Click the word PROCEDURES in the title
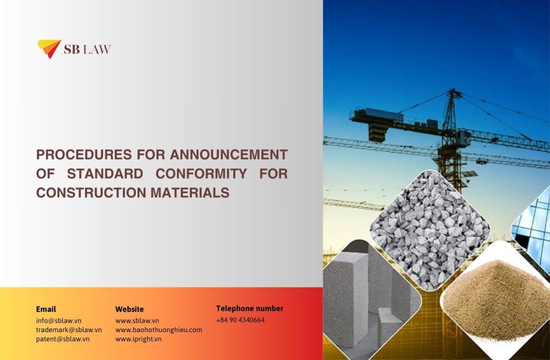[x=84, y=155]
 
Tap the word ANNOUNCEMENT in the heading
[x=229, y=155]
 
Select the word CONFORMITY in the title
[x=201, y=174]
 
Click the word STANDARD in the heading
[x=105, y=174]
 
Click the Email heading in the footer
[x=46, y=309]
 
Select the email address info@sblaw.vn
[x=59, y=320]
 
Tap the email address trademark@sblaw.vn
[x=69, y=330]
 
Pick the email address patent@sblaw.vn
[x=63, y=339]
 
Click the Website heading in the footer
[x=129, y=309]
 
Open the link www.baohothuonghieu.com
[x=159, y=330]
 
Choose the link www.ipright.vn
[x=138, y=339]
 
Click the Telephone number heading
[x=249, y=308]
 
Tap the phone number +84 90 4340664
[x=240, y=320]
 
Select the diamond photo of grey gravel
[x=430, y=230]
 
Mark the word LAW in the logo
[x=97, y=49]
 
